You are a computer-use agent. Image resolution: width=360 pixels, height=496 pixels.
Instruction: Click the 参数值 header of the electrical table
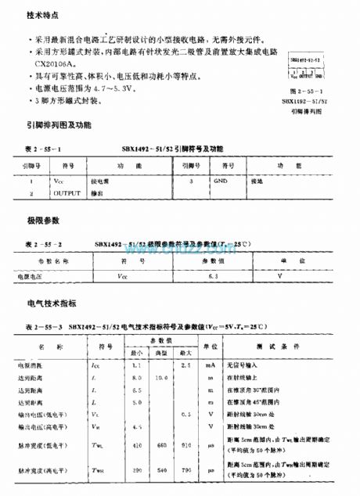[162, 340]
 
